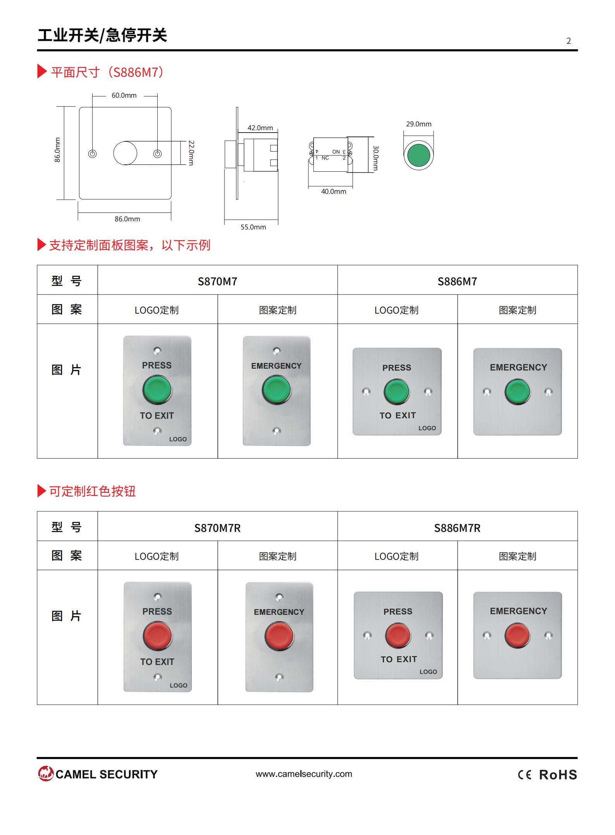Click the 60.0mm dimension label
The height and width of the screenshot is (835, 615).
coord(124,95)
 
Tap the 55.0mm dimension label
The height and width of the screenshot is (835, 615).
coord(253,227)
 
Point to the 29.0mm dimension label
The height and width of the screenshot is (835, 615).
coord(419,124)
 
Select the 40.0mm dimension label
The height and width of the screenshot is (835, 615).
coord(334,191)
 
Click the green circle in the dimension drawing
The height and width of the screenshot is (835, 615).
coord(419,155)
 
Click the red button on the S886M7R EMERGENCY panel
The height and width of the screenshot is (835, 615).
coord(517,635)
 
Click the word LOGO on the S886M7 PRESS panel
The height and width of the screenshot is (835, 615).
coord(427,428)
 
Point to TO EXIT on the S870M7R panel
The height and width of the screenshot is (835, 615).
coord(157,662)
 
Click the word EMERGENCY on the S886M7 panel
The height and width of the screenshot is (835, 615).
coord(519,367)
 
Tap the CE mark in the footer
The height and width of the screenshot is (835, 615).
coord(525,775)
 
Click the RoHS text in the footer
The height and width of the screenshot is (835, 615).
coord(558,775)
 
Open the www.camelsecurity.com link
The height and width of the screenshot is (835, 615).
coord(304,774)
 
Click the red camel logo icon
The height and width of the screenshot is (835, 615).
coord(46,773)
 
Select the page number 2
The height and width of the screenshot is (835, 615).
coord(568,41)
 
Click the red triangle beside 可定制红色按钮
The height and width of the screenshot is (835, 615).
coord(41,491)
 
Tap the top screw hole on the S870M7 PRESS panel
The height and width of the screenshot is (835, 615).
coord(157,351)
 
